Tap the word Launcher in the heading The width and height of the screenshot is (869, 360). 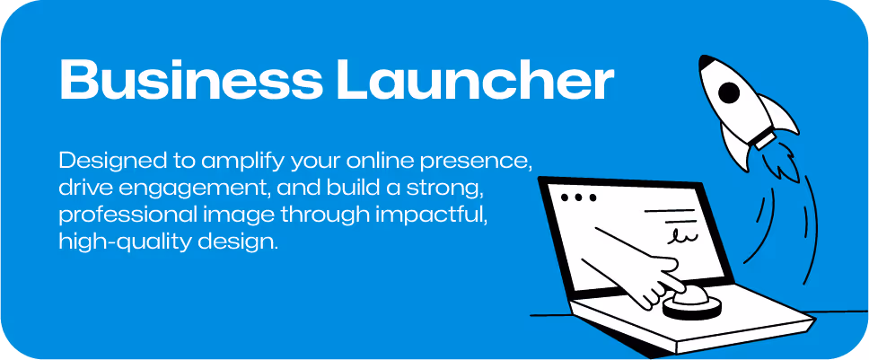(x=474, y=81)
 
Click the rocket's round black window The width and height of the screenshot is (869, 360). (x=731, y=92)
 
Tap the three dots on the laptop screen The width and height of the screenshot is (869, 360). (x=578, y=197)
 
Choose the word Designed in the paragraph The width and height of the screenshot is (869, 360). (x=101, y=162)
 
